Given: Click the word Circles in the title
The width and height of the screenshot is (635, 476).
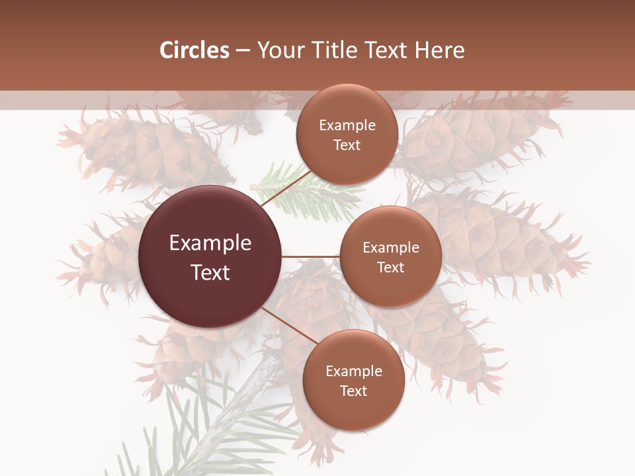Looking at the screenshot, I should click(x=194, y=50).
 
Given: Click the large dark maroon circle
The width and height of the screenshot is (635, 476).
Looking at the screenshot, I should click(x=210, y=257).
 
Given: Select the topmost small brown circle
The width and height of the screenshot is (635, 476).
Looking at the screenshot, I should click(x=347, y=135).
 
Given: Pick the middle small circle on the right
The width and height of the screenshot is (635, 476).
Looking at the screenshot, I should click(x=390, y=257).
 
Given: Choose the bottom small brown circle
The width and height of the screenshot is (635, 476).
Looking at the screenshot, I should click(x=353, y=381).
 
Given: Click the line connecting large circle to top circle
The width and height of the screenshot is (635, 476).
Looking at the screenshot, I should click(x=284, y=186).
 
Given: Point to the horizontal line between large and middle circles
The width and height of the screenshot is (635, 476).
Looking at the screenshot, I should click(x=311, y=257).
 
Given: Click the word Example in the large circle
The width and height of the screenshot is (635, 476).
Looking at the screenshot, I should click(x=210, y=243).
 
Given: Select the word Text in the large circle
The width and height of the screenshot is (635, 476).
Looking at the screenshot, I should click(x=210, y=272).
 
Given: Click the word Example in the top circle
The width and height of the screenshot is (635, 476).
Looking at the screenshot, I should click(x=347, y=126).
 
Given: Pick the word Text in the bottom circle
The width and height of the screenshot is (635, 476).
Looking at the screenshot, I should click(x=353, y=391).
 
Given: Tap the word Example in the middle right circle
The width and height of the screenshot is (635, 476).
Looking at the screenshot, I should click(x=391, y=248).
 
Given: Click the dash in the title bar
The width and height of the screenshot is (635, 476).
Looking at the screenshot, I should click(x=243, y=50).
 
